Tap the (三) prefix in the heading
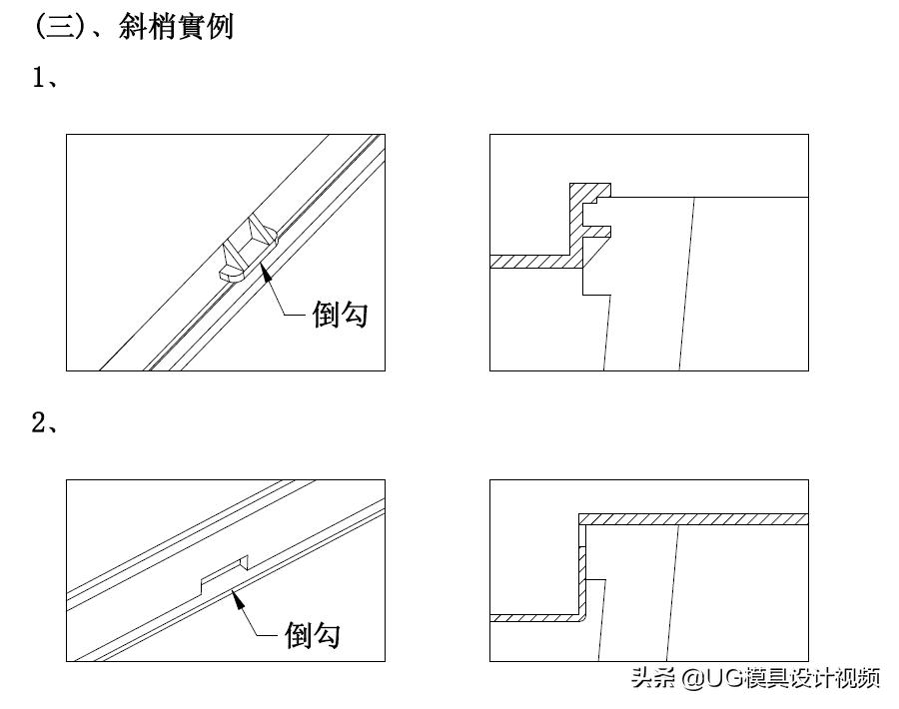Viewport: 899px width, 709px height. click(x=58, y=26)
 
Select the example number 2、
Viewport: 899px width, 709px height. click(x=45, y=423)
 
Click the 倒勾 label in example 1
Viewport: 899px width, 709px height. click(x=340, y=315)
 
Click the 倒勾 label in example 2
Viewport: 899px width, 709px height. click(x=312, y=634)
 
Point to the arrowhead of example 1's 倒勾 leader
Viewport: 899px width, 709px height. click(x=264, y=272)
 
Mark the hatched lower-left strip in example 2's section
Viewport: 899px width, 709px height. click(x=534, y=618)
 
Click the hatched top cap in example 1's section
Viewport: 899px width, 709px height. click(x=589, y=189)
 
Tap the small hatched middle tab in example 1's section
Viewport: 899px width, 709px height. click(x=596, y=233)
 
